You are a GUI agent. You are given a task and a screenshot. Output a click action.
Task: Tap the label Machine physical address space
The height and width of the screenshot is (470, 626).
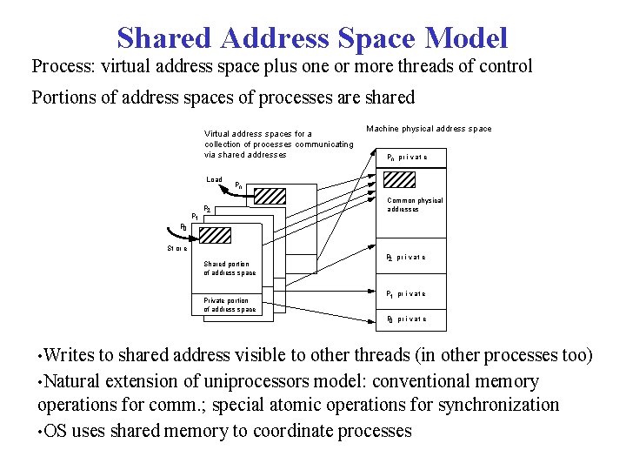click(429, 129)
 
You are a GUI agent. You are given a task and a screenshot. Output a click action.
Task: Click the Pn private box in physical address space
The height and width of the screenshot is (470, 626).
click(407, 158)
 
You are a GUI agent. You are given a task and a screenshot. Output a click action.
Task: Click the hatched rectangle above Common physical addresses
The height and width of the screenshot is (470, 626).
click(400, 178)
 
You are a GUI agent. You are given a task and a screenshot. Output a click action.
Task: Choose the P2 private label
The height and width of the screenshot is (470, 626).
click(406, 258)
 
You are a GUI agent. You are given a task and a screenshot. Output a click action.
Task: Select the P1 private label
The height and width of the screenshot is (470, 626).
click(406, 293)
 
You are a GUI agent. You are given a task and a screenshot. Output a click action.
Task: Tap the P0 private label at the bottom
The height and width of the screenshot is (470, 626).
click(406, 319)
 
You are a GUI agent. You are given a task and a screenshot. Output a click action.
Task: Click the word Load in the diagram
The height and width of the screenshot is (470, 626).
click(214, 180)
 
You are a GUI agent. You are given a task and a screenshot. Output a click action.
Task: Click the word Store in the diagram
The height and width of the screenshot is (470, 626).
click(177, 249)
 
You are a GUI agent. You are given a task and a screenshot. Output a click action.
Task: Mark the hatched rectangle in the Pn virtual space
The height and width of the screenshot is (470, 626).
click(275, 194)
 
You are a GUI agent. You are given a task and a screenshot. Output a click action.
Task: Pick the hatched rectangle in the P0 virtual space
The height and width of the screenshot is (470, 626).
click(215, 234)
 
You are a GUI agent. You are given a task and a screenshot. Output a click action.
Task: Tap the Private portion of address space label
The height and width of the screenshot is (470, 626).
click(230, 305)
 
